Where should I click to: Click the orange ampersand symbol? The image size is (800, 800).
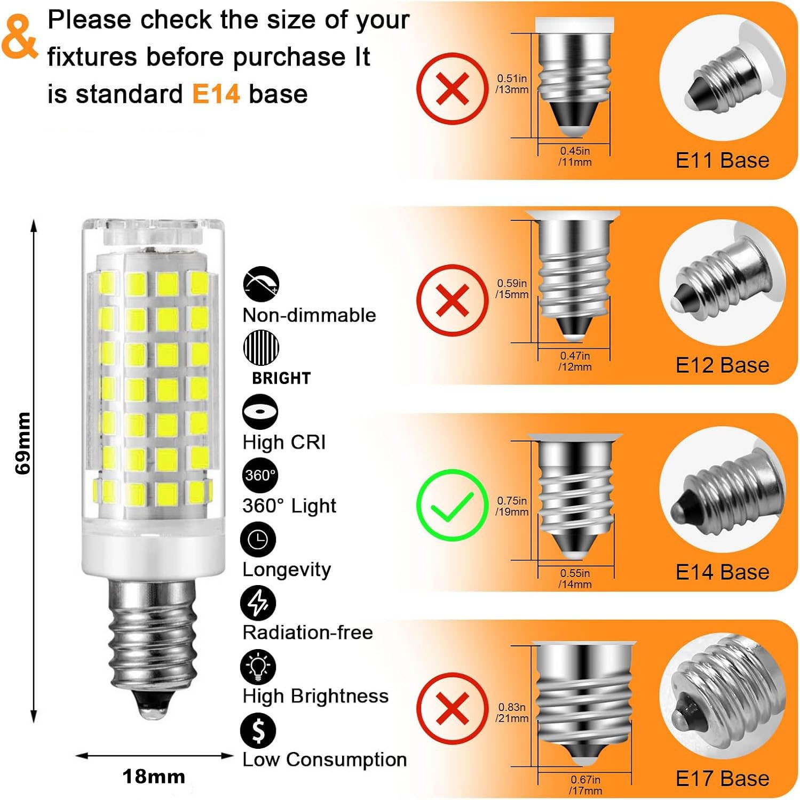click(20, 36)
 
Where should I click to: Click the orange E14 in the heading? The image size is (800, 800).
click(216, 94)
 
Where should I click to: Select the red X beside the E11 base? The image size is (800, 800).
click(452, 89)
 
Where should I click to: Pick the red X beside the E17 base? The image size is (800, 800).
click(452, 709)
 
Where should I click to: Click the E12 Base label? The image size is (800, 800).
click(722, 365)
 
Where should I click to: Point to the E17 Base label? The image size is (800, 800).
click(722, 779)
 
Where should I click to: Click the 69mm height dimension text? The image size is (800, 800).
click(23, 443)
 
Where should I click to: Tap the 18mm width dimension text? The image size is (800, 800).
click(154, 777)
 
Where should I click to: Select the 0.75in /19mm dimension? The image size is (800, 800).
click(512, 506)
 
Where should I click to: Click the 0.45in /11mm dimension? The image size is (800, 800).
click(575, 157)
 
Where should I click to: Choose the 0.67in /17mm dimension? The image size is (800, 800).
click(585, 785)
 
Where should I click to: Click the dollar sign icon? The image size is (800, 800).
click(258, 731)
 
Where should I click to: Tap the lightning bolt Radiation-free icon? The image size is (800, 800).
click(258, 603)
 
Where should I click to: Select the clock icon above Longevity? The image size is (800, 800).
click(258, 540)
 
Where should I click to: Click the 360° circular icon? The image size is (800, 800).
click(260, 475)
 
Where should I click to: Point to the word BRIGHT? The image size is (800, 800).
click(281, 378)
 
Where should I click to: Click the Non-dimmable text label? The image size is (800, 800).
click(309, 315)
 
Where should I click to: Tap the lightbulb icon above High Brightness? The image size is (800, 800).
click(258, 667)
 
